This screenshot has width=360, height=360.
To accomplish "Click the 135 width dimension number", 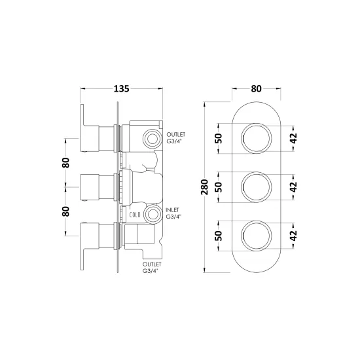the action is [122, 88].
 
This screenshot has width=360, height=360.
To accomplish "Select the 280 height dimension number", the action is [204, 187].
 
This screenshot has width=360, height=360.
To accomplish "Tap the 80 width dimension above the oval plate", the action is [256, 88].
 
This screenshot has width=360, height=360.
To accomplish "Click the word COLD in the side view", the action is [135, 215].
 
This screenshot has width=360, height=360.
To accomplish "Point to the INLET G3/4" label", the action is [173, 213].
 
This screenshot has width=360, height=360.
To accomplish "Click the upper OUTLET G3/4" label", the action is [176, 137].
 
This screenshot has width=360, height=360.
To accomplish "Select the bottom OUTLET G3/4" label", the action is [152, 268].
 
